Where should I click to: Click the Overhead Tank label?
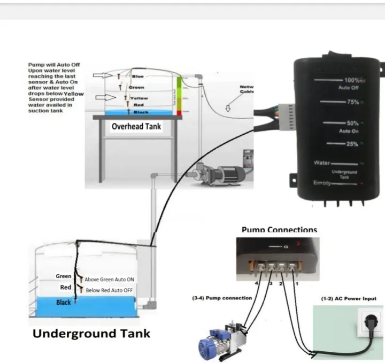point(136,127)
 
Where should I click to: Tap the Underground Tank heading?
point(91,334)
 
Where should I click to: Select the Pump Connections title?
point(279,230)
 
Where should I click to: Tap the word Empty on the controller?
point(324,183)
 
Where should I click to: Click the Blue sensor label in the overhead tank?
point(137,76)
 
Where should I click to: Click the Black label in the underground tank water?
point(64,303)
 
